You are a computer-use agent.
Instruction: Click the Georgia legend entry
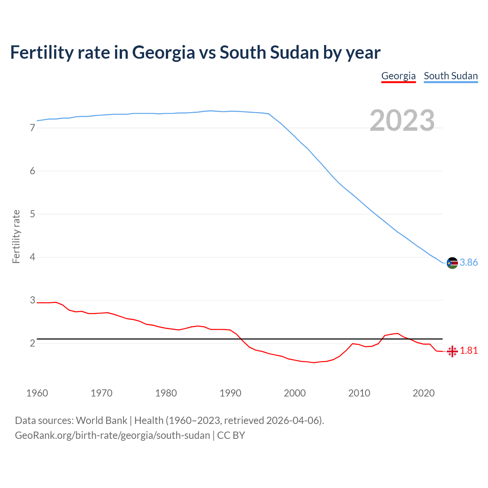tap(398, 76)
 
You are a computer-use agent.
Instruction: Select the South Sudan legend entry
tap(451, 76)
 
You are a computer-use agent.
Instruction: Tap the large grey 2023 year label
tap(402, 120)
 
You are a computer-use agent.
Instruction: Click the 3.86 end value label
tap(469, 262)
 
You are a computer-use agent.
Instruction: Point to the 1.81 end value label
tap(469, 350)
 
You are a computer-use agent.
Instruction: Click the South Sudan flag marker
tap(452, 263)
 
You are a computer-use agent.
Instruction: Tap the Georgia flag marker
tap(452, 351)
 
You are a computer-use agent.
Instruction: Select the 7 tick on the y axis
tap(32, 128)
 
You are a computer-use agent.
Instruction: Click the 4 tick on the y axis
tap(32, 257)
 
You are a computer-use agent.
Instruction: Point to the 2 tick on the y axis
tap(32, 344)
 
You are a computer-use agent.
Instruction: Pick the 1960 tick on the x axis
tap(37, 393)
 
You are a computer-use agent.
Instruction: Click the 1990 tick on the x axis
tap(230, 393)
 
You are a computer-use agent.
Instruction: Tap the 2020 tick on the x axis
tap(424, 393)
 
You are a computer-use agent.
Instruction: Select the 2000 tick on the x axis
tap(295, 393)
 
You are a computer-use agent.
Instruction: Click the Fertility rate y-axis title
tap(16, 236)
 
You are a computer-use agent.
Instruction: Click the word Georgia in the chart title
tap(164, 53)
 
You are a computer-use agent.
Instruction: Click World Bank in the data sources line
tap(101, 421)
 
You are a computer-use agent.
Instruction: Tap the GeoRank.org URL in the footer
tap(112, 435)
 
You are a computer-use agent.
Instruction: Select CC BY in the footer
tap(231, 435)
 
